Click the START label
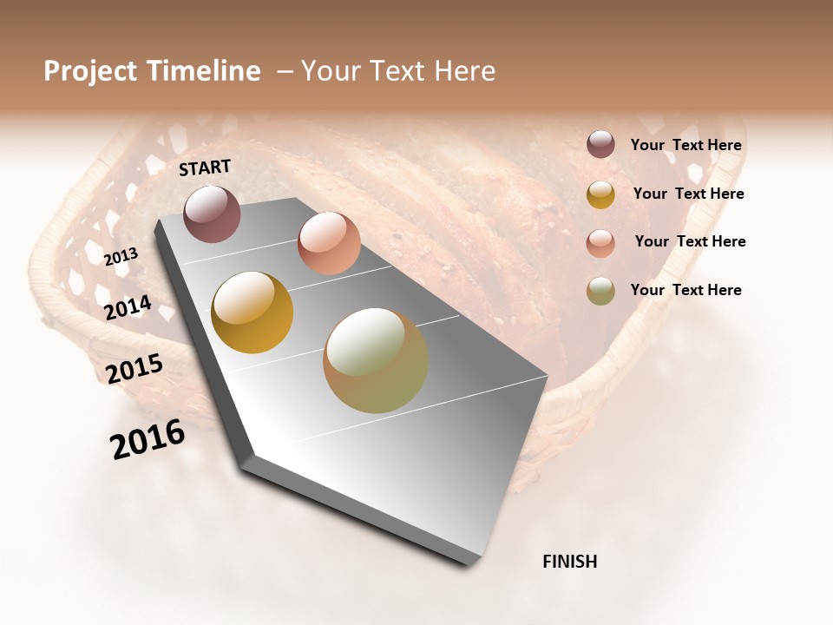(205, 168)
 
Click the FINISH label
(569, 562)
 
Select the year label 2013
(121, 257)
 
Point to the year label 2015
(134, 369)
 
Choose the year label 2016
(148, 439)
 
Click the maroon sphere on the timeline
(212, 214)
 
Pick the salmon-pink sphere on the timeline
(329, 243)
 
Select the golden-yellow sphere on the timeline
(253, 312)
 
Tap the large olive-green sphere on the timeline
(376, 360)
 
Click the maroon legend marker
(600, 145)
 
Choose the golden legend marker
(600, 194)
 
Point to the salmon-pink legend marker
(600, 242)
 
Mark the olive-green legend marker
(600, 291)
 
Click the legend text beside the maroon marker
(685, 146)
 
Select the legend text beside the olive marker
(685, 290)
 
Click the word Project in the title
(90, 72)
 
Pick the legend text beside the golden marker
(688, 194)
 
